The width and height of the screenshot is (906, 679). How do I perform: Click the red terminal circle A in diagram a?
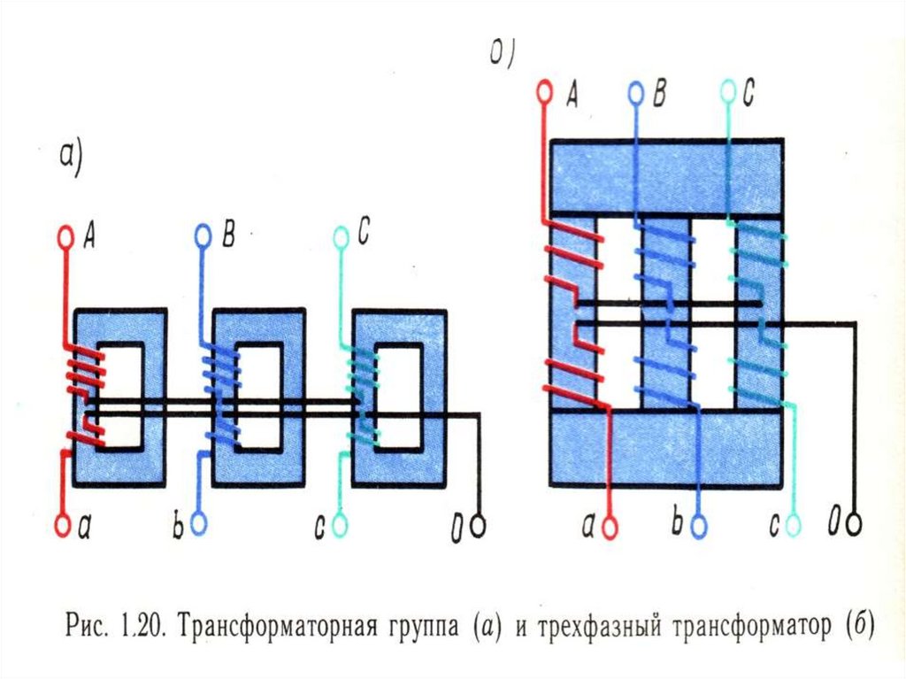[65, 236]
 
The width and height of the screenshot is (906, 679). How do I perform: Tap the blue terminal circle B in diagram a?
[203, 235]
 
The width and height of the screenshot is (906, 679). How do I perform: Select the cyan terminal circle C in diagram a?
[341, 236]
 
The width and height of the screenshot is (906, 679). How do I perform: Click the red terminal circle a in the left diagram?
[63, 525]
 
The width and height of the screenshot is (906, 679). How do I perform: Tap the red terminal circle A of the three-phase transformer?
[543, 91]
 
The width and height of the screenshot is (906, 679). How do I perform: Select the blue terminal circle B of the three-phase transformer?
[635, 91]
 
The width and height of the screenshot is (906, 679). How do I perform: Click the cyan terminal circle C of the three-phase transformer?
[727, 91]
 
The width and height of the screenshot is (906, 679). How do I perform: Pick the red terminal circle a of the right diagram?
[609, 526]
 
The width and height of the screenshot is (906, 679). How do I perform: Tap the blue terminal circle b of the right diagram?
[700, 526]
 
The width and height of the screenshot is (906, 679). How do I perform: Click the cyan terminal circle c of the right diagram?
[793, 526]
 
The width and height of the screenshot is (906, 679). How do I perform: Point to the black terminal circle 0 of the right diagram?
[854, 524]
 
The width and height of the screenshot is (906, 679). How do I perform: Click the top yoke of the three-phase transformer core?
[665, 177]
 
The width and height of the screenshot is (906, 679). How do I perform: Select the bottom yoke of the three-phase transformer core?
[665, 447]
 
